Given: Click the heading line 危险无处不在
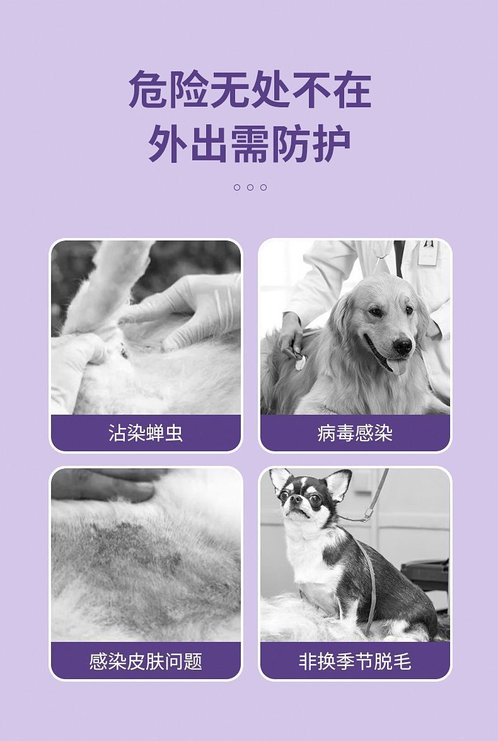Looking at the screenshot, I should point(250,90).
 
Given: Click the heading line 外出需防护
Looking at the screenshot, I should point(250,145).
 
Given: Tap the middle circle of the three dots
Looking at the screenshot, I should point(250,187).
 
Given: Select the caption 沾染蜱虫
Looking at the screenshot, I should point(146,433).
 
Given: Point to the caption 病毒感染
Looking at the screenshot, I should point(355,433).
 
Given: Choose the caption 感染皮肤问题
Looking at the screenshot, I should point(146,661).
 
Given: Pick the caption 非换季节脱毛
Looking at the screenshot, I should point(355,661).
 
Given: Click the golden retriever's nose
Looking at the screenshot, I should point(402,345).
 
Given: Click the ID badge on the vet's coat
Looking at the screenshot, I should point(428,252).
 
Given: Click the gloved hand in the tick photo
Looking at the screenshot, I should point(189,309).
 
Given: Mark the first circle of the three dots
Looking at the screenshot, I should point(237,187).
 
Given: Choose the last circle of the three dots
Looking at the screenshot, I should point(263,187).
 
